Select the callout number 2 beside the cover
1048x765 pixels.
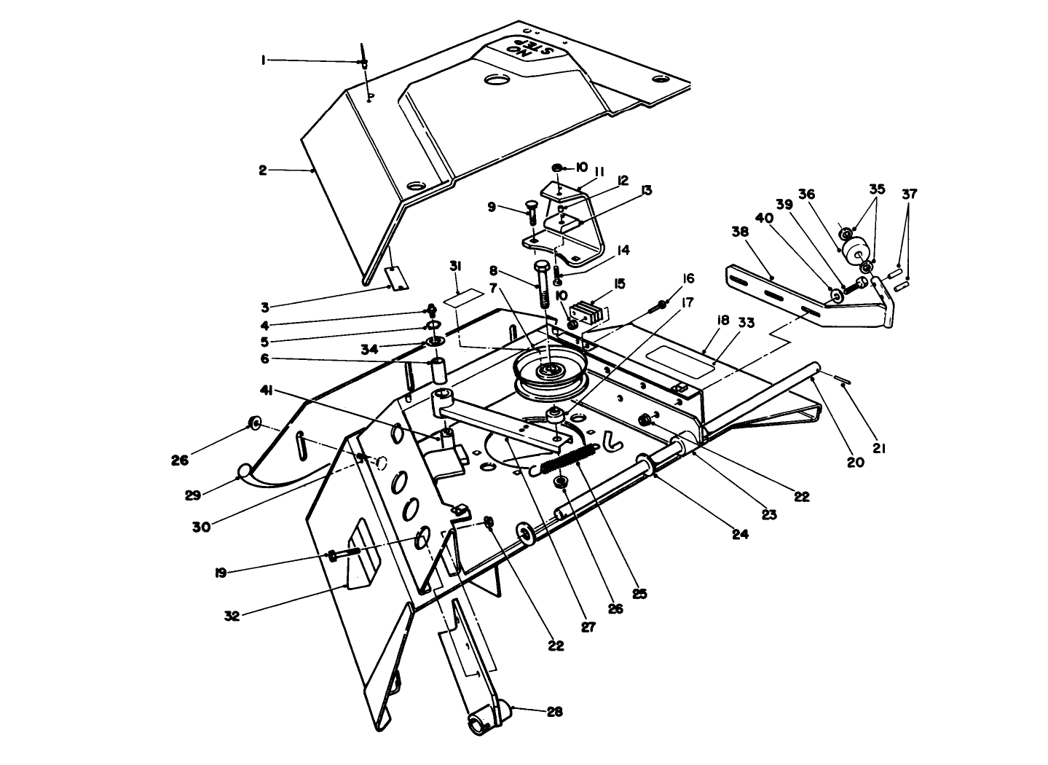(x=263, y=170)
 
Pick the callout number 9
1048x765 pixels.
(x=492, y=207)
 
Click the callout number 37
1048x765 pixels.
(x=910, y=194)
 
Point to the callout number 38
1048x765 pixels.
(x=739, y=232)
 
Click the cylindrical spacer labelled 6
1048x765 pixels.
(x=438, y=371)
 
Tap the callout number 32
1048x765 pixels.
(x=232, y=616)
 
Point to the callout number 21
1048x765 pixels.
(x=879, y=450)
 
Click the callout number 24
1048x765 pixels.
(x=740, y=534)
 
